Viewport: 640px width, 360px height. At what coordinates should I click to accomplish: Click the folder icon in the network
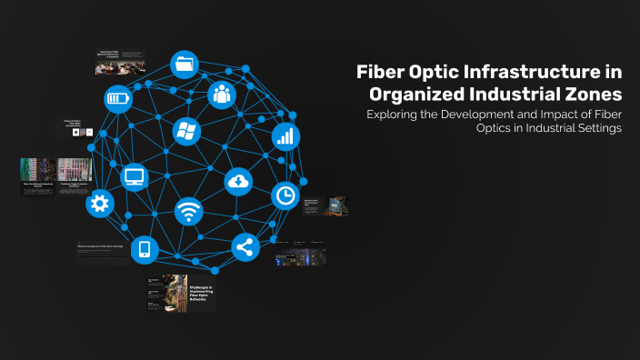click(185, 65)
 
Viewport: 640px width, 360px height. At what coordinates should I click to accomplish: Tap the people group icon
click(222, 93)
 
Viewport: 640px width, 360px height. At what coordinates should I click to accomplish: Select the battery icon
click(118, 98)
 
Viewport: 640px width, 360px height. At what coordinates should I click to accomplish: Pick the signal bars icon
click(285, 136)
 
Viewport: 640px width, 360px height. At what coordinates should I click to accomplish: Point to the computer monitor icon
click(135, 176)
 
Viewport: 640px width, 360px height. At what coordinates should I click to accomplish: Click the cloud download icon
click(238, 181)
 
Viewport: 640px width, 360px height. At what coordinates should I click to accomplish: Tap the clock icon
click(285, 195)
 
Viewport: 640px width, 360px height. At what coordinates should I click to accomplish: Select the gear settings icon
click(99, 204)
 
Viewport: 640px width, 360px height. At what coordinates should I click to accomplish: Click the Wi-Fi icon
click(189, 212)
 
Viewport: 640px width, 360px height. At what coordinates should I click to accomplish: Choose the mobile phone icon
click(145, 249)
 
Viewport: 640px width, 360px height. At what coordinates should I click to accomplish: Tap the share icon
click(245, 247)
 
